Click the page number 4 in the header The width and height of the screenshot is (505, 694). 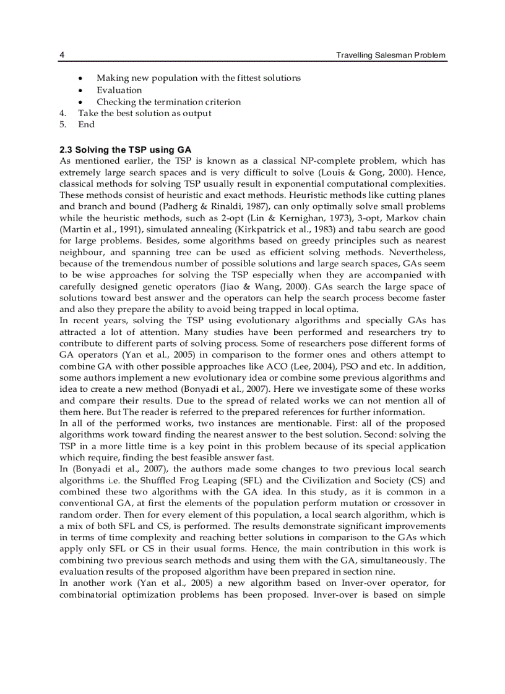62,56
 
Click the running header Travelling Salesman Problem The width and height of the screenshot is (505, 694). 391,56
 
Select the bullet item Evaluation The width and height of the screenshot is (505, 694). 119,90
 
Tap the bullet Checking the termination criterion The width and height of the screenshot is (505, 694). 168,102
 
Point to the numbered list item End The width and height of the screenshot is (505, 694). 86,125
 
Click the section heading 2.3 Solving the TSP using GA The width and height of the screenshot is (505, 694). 125,150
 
